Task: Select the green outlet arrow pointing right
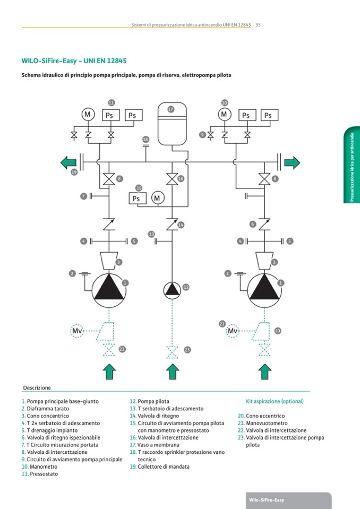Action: click(292, 162)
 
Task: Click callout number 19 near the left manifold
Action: click(74, 172)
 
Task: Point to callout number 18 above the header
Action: click(146, 139)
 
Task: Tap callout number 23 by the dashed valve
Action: click(187, 350)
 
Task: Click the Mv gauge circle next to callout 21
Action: click(233, 331)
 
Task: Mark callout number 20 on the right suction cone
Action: click(278, 331)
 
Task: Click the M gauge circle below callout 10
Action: click(224, 115)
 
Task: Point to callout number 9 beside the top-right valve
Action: click(202, 135)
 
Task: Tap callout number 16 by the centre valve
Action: click(181, 179)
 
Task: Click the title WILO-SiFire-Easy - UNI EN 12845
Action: click(74, 61)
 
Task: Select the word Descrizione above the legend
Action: click(37, 388)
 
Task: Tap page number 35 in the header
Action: click(258, 24)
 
